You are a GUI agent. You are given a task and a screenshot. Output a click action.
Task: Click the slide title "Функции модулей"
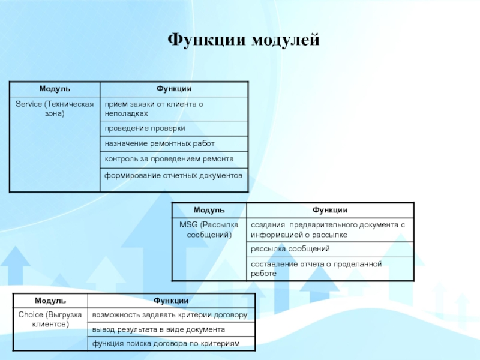(244, 40)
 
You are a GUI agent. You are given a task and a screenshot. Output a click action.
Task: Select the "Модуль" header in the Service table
(55, 89)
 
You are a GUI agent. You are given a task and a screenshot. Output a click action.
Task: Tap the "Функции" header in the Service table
(174, 89)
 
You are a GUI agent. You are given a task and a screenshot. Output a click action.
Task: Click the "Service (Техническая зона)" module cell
(55, 109)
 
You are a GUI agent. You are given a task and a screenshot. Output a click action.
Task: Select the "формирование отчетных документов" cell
(173, 176)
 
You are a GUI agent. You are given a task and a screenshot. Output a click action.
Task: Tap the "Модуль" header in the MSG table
(209, 210)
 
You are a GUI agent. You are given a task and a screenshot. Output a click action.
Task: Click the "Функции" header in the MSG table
(329, 210)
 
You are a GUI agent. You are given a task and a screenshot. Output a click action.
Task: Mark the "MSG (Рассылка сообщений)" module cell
(209, 229)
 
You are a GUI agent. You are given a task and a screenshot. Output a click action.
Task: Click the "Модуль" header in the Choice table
(50, 300)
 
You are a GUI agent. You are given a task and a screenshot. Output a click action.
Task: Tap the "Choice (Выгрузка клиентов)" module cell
(50, 319)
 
